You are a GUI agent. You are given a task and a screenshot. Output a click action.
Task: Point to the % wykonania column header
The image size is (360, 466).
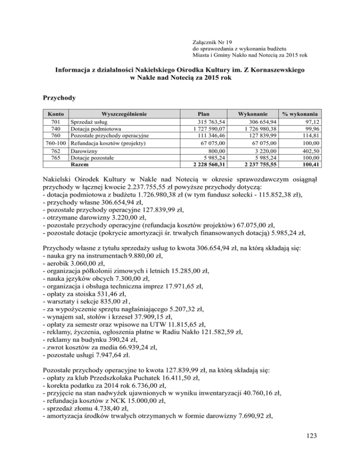tap(300, 113)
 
